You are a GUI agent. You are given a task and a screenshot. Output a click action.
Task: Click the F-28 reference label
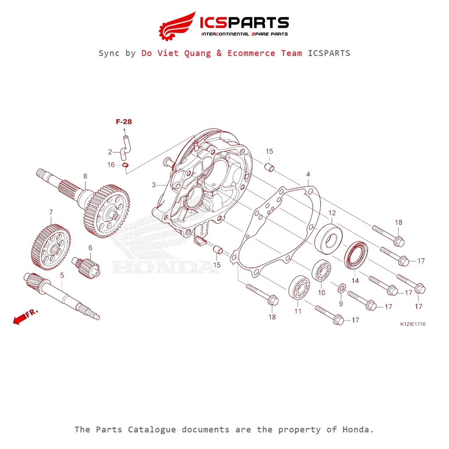pos(124,122)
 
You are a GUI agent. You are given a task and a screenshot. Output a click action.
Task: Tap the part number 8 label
pos(85,176)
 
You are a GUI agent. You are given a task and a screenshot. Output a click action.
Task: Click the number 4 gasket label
pos(308,175)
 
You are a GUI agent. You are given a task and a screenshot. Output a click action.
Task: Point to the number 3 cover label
pos(154,185)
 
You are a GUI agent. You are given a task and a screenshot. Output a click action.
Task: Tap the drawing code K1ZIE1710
pos(413,325)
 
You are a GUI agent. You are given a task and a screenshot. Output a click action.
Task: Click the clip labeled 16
pos(125,165)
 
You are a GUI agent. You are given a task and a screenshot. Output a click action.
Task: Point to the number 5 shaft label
pos(62,275)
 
